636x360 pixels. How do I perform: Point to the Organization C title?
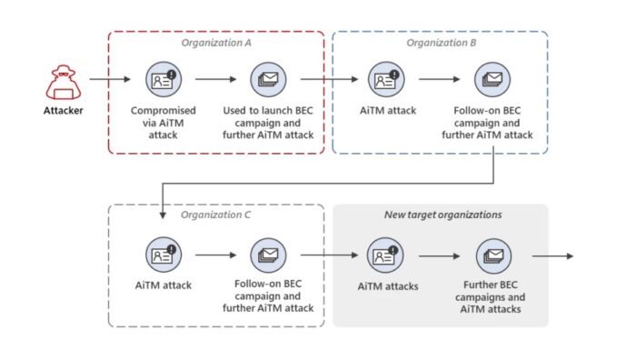(215, 215)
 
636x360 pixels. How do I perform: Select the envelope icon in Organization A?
(268, 80)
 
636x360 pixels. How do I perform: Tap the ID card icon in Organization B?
(384, 80)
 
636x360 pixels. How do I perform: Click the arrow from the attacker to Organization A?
(109, 80)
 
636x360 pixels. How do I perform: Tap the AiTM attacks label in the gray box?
(384, 285)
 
